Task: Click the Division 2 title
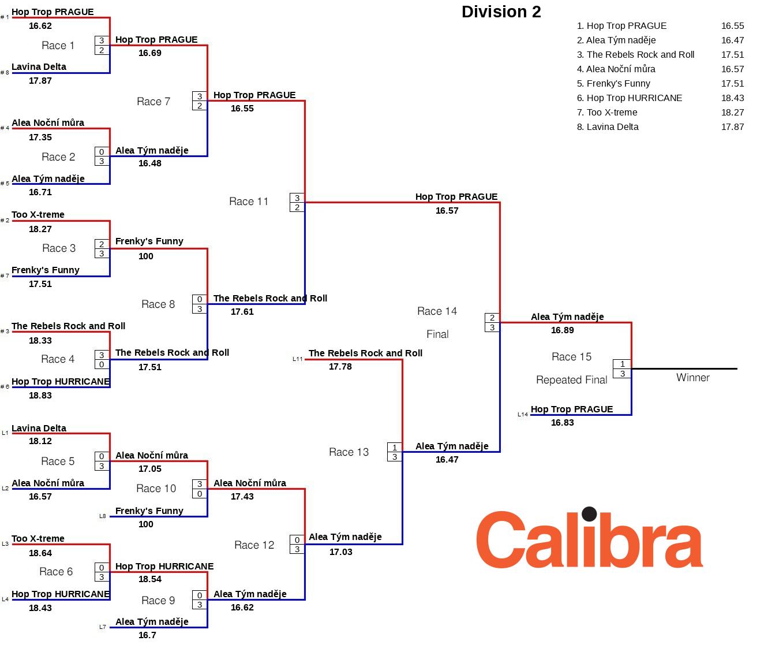coord(501,12)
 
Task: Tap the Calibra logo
coord(589,539)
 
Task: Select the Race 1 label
coord(58,46)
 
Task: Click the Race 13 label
coord(349,452)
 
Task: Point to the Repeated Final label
coord(571,380)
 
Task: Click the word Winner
coord(692,378)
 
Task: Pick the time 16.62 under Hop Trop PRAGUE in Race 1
coord(40,26)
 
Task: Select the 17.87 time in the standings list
coord(732,127)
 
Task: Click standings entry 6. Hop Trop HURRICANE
coord(630,98)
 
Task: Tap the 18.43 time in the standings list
coord(732,98)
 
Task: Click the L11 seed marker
coord(298,359)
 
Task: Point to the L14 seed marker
coord(522,415)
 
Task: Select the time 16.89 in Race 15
coord(562,330)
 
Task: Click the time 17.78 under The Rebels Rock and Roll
coord(340,367)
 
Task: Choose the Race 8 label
coord(158,304)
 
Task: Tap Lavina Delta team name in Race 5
coord(39,429)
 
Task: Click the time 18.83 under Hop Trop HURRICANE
coord(40,396)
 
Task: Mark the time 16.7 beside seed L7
coord(147,635)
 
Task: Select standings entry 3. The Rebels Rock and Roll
coord(635,55)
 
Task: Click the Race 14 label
coord(437,311)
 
